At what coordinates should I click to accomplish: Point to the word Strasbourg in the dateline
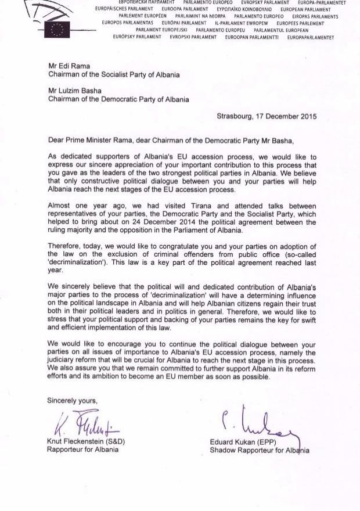235,116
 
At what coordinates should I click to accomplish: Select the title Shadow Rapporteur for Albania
260,451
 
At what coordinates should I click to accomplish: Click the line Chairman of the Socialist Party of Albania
114,75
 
